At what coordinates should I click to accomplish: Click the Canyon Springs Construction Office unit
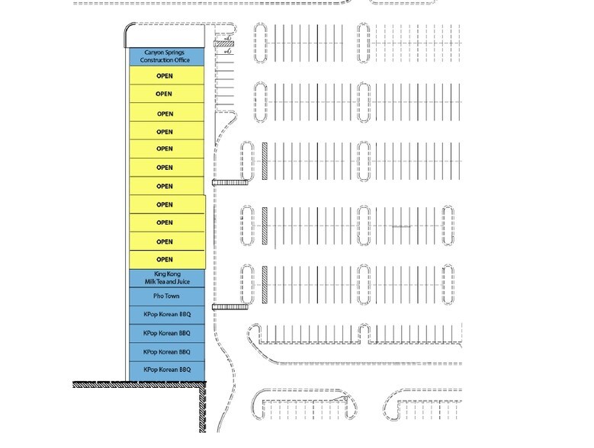click(167, 56)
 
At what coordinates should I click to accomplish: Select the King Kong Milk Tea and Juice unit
click(167, 278)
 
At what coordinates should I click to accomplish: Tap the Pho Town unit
click(167, 296)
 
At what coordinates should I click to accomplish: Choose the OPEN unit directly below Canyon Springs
click(167, 75)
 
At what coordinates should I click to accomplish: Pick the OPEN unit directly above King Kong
click(168, 260)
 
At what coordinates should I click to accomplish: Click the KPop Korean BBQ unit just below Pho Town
click(167, 315)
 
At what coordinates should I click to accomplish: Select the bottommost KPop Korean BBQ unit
click(167, 371)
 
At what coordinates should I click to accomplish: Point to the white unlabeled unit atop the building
click(165, 36)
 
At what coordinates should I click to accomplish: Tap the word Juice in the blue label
click(182, 281)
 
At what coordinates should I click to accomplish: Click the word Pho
click(158, 296)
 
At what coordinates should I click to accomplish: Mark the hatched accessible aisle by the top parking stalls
click(224, 44)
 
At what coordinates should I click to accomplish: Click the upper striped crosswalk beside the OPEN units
click(230, 183)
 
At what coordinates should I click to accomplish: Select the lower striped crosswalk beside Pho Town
click(230, 307)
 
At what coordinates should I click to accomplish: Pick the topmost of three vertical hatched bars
click(265, 161)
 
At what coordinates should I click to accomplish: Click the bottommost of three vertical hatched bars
click(265, 284)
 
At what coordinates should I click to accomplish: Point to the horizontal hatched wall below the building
click(139, 385)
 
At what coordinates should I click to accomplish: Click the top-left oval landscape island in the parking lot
click(260, 43)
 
